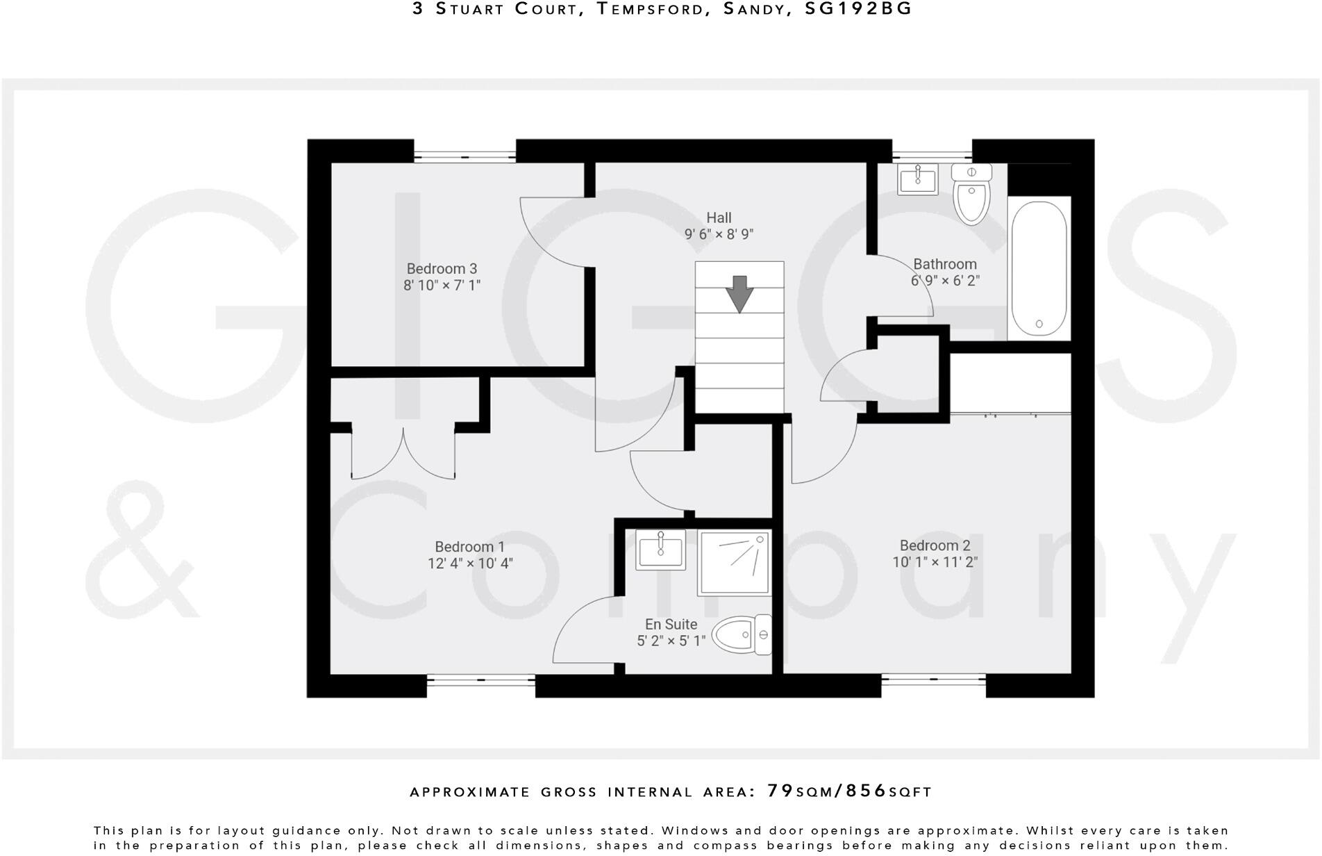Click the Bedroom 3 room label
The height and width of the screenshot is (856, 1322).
(x=442, y=269)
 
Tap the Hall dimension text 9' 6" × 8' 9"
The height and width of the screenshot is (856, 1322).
(x=719, y=235)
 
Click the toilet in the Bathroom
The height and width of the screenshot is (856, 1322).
(x=971, y=194)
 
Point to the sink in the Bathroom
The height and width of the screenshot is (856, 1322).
(x=918, y=179)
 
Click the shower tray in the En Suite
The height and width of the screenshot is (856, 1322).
(x=735, y=563)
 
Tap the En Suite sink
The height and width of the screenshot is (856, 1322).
(x=660, y=550)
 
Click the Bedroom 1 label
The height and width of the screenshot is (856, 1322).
(x=469, y=547)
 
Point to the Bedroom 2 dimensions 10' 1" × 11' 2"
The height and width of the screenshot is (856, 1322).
(x=935, y=562)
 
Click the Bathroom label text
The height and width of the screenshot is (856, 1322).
(x=944, y=264)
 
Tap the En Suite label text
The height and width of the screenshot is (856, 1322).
(x=671, y=624)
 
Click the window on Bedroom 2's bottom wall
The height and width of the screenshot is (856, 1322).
(x=933, y=685)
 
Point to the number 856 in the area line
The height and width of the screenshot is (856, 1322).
(x=866, y=791)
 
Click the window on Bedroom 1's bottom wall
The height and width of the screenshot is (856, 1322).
(x=480, y=685)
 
